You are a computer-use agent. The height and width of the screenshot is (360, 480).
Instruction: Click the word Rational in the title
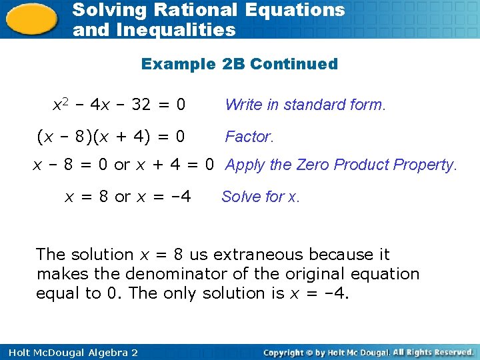tap(201, 10)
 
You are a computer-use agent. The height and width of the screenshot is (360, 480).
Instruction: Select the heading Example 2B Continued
tap(239, 64)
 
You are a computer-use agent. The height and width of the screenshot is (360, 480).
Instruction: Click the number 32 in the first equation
tap(141, 105)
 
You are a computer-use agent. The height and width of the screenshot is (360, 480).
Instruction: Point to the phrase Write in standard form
tap(305, 105)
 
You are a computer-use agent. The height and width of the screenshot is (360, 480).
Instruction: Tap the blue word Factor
tap(249, 137)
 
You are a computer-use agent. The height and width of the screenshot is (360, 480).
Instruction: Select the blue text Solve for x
tap(261, 197)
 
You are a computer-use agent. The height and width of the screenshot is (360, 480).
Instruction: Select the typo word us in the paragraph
tap(199, 254)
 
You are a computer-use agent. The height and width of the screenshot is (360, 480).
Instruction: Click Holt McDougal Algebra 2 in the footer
tap(70, 352)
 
